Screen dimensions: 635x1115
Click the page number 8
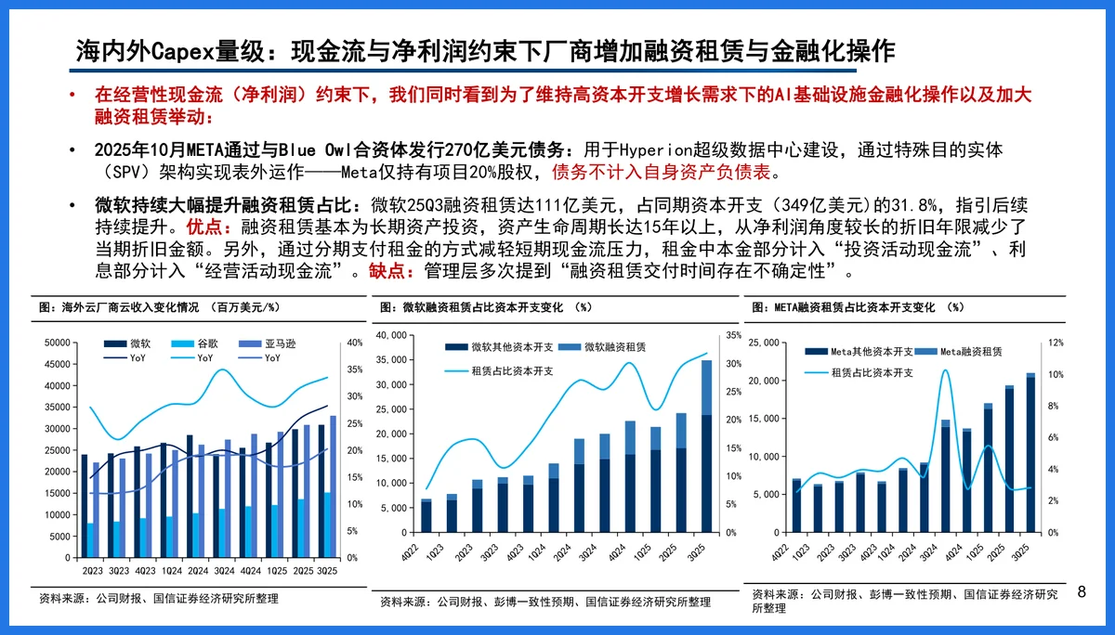click(1081, 591)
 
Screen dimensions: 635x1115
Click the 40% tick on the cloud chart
click(354, 343)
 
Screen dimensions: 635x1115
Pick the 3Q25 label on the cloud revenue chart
click(327, 571)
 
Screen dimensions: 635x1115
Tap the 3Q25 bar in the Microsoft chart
click(706, 446)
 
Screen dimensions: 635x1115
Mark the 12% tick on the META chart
click(1056, 343)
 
